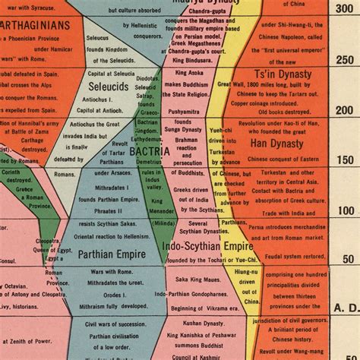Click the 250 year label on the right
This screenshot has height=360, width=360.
345,61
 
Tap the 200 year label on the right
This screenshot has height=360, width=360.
345,110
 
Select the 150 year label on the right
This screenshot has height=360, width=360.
345,160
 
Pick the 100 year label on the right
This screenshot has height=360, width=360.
345,210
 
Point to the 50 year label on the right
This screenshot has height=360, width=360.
346,260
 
